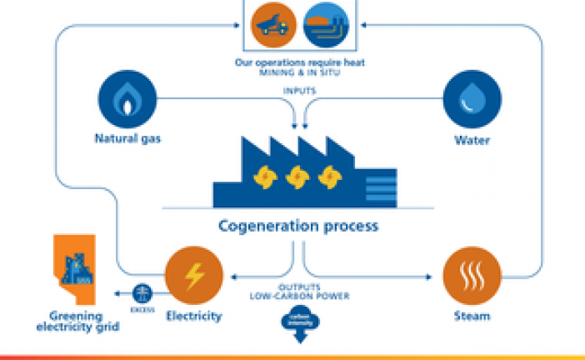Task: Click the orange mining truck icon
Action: coord(272,26)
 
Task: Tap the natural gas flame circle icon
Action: coord(127,97)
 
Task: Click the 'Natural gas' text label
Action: coord(127,140)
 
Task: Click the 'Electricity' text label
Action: coord(194,316)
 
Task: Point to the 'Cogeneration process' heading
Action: coord(297,226)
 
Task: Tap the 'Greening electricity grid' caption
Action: coord(82,322)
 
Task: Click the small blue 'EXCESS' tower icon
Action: coord(140,291)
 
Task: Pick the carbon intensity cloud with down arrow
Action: coord(297,322)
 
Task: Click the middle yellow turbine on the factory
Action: coord(296,177)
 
